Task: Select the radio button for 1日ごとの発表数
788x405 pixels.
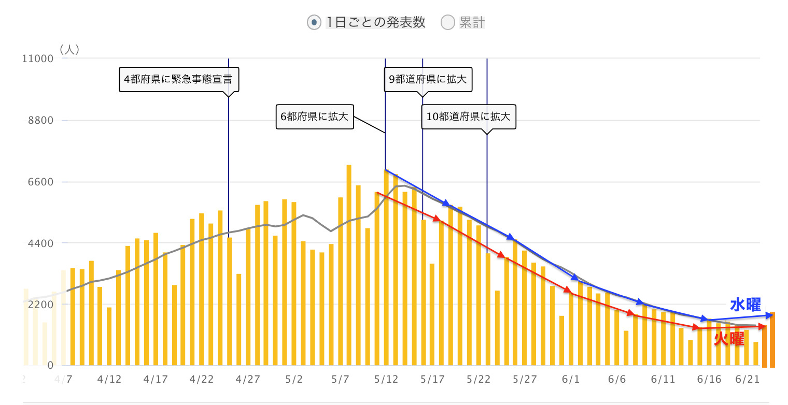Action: pyautogui.click(x=313, y=23)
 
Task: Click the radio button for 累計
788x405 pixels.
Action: pyautogui.click(x=447, y=23)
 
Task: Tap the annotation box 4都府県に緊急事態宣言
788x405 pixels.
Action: pyautogui.click(x=178, y=80)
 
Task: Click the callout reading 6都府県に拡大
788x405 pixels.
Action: pyautogui.click(x=314, y=117)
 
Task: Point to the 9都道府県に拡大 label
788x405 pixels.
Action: pyautogui.click(x=428, y=80)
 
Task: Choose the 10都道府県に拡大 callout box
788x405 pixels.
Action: pyautogui.click(x=468, y=117)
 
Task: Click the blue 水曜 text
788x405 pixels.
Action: pyautogui.click(x=745, y=305)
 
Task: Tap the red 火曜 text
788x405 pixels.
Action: pyautogui.click(x=729, y=339)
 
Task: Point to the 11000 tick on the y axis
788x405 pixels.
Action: pyautogui.click(x=38, y=59)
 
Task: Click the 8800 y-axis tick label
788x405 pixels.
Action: pyautogui.click(x=41, y=121)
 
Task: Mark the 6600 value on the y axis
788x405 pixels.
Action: pyautogui.click(x=41, y=182)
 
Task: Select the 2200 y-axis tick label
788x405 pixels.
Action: pyautogui.click(x=41, y=305)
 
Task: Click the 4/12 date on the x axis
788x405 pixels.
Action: pyautogui.click(x=109, y=379)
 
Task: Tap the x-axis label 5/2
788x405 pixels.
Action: pyautogui.click(x=293, y=379)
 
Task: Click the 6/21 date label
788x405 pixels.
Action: pyautogui.click(x=747, y=379)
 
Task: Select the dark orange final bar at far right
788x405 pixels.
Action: pyautogui.click(x=772, y=339)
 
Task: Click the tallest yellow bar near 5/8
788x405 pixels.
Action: pyautogui.click(x=349, y=264)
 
